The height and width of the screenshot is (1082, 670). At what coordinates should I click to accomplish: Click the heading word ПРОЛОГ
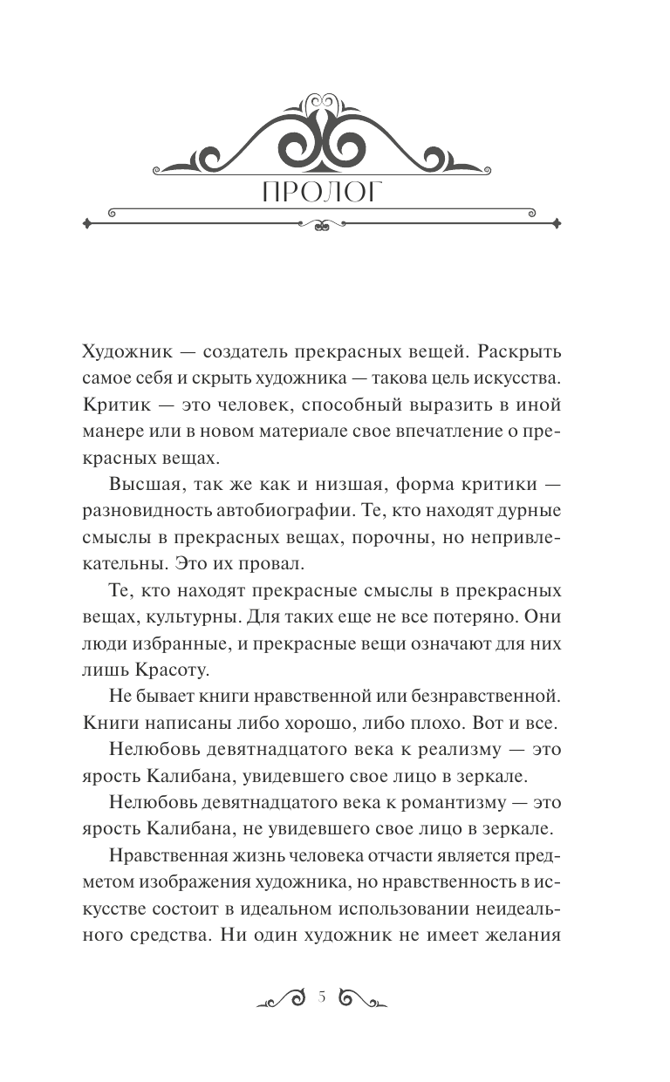(321, 193)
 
